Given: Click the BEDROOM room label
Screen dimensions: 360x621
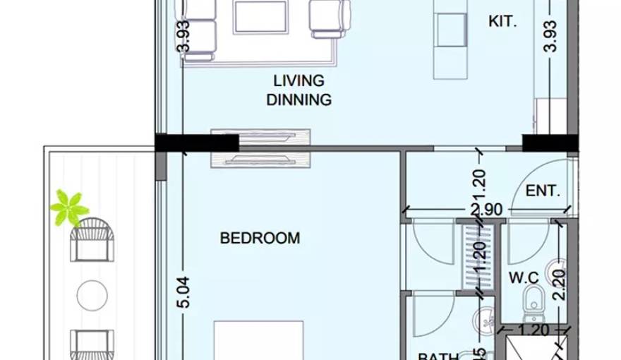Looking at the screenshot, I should [x=260, y=238].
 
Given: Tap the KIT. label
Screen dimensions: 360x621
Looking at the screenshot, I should [x=502, y=22].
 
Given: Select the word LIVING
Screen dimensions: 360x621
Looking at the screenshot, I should [x=299, y=80].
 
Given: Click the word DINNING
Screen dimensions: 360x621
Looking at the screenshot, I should [x=299, y=100].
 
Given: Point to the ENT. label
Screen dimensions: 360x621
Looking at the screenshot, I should [x=543, y=191].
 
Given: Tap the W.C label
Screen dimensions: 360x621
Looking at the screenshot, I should [x=524, y=277].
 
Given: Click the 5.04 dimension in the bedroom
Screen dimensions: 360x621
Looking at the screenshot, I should [x=183, y=292].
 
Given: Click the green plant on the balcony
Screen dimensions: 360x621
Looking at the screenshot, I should [x=69, y=208].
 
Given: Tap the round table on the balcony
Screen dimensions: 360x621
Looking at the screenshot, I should [x=92, y=295].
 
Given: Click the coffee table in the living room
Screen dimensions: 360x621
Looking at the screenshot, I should [x=261, y=17].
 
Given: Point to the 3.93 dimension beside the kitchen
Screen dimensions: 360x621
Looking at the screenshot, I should [x=551, y=35].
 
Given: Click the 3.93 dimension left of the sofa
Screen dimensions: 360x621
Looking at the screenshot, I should [x=183, y=35].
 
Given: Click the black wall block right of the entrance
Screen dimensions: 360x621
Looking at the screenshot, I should [x=550, y=143].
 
